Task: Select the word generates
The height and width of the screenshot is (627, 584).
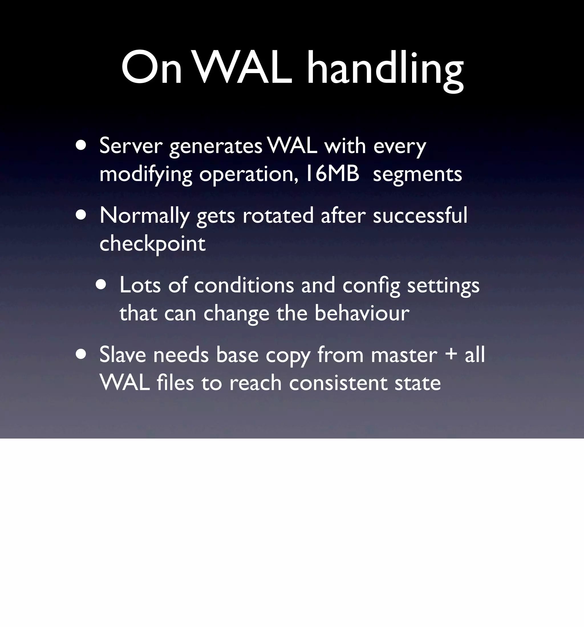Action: coord(216,147)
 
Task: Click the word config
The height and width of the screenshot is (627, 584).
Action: coord(371,286)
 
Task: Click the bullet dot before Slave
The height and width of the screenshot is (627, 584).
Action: coord(81,354)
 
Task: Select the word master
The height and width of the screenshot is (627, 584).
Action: coord(404,355)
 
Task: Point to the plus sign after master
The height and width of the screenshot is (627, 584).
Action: coord(451,354)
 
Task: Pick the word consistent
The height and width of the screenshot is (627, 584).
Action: coord(338,383)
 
